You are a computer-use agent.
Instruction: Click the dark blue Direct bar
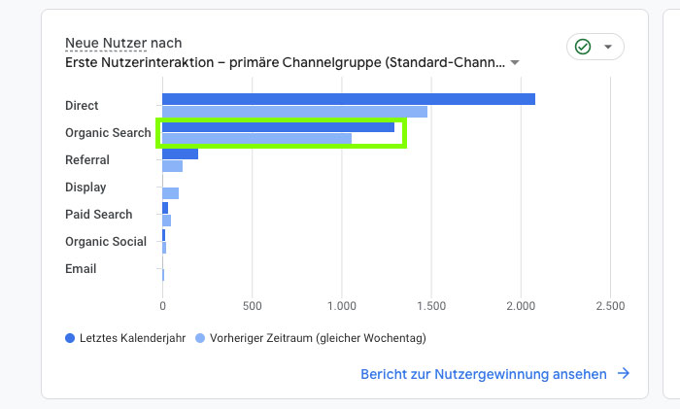(348, 99)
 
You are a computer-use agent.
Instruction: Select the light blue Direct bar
(294, 112)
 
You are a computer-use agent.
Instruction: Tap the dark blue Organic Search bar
(278, 126)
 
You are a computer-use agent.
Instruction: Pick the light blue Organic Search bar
(256, 139)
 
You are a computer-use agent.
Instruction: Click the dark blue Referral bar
(180, 153)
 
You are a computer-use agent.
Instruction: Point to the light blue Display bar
(170, 193)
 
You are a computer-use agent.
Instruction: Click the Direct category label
(82, 105)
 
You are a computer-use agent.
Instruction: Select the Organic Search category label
(108, 132)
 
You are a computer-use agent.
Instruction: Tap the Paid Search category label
(97, 214)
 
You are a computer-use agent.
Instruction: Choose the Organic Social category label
(106, 241)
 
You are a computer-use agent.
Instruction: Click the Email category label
(81, 268)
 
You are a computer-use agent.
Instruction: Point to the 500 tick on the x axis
(252, 305)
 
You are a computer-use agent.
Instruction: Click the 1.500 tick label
(430, 305)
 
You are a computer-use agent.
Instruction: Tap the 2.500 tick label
(609, 305)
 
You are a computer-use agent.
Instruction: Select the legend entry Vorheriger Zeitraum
(310, 338)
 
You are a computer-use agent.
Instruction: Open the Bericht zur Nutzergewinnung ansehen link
(484, 374)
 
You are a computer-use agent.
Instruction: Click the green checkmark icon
(583, 47)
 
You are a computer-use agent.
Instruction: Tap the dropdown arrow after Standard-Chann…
(515, 62)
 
